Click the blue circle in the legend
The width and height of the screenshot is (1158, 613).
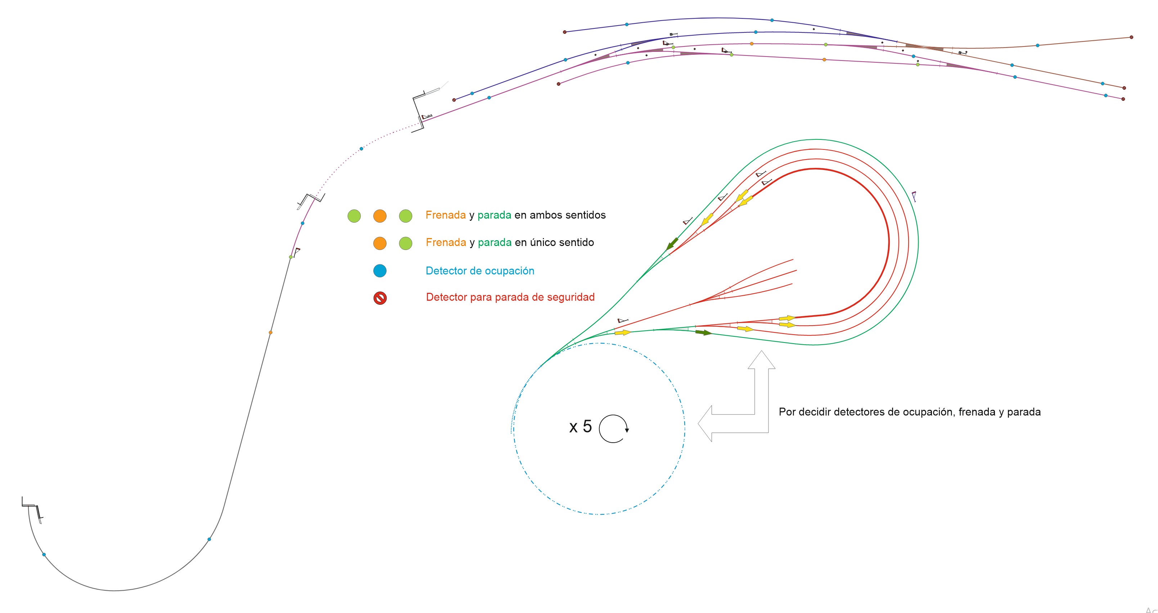(x=380, y=271)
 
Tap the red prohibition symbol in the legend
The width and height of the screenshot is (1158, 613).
(x=380, y=298)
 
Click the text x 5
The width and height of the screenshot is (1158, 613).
(x=580, y=426)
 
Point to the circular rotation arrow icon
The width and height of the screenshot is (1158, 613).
(x=614, y=429)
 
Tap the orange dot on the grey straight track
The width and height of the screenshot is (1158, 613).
(x=271, y=333)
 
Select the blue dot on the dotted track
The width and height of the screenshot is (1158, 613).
(x=361, y=149)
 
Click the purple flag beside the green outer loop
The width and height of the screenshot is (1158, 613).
(x=914, y=196)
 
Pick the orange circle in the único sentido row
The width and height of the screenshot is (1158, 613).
(x=380, y=243)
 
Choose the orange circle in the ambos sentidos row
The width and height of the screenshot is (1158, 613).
(x=380, y=216)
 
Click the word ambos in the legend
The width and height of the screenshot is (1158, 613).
(x=546, y=215)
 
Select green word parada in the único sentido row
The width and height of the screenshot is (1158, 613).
(x=495, y=243)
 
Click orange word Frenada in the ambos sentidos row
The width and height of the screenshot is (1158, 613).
(x=446, y=215)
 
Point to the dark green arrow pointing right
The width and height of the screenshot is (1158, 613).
(x=703, y=333)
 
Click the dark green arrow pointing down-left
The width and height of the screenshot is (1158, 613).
(x=672, y=244)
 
